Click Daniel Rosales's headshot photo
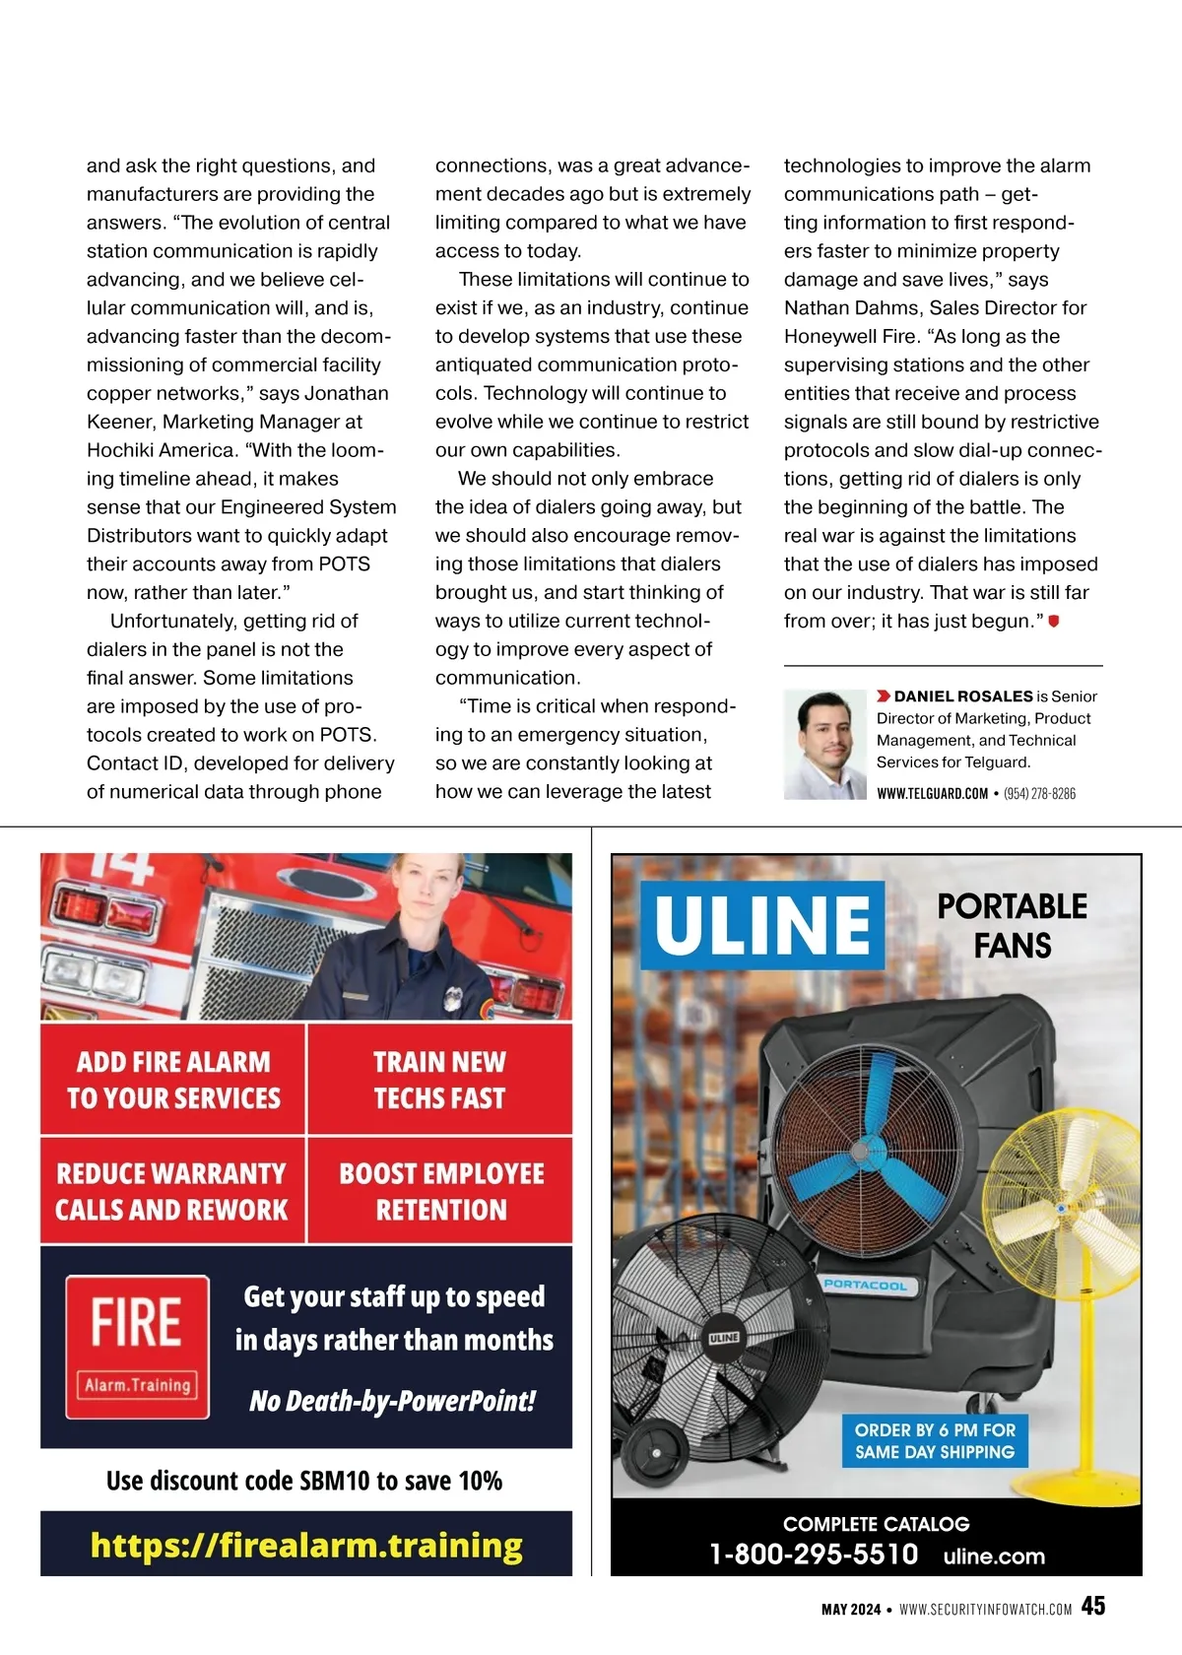point(824,745)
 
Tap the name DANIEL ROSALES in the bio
point(962,696)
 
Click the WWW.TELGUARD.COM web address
point(932,793)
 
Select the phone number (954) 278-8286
point(1039,793)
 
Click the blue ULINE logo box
point(762,924)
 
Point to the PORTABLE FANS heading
point(1012,926)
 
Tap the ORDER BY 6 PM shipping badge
point(934,1440)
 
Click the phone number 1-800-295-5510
point(814,1555)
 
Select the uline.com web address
point(994,1556)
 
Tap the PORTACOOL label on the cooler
point(866,1285)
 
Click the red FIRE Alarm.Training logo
point(138,1347)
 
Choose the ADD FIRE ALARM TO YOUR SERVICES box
point(173,1080)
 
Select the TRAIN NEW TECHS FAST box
point(439,1080)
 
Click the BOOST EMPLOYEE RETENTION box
point(441,1191)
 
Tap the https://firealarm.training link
point(306,1545)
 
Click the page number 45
point(1092,1606)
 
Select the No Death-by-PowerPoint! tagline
point(392,1401)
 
